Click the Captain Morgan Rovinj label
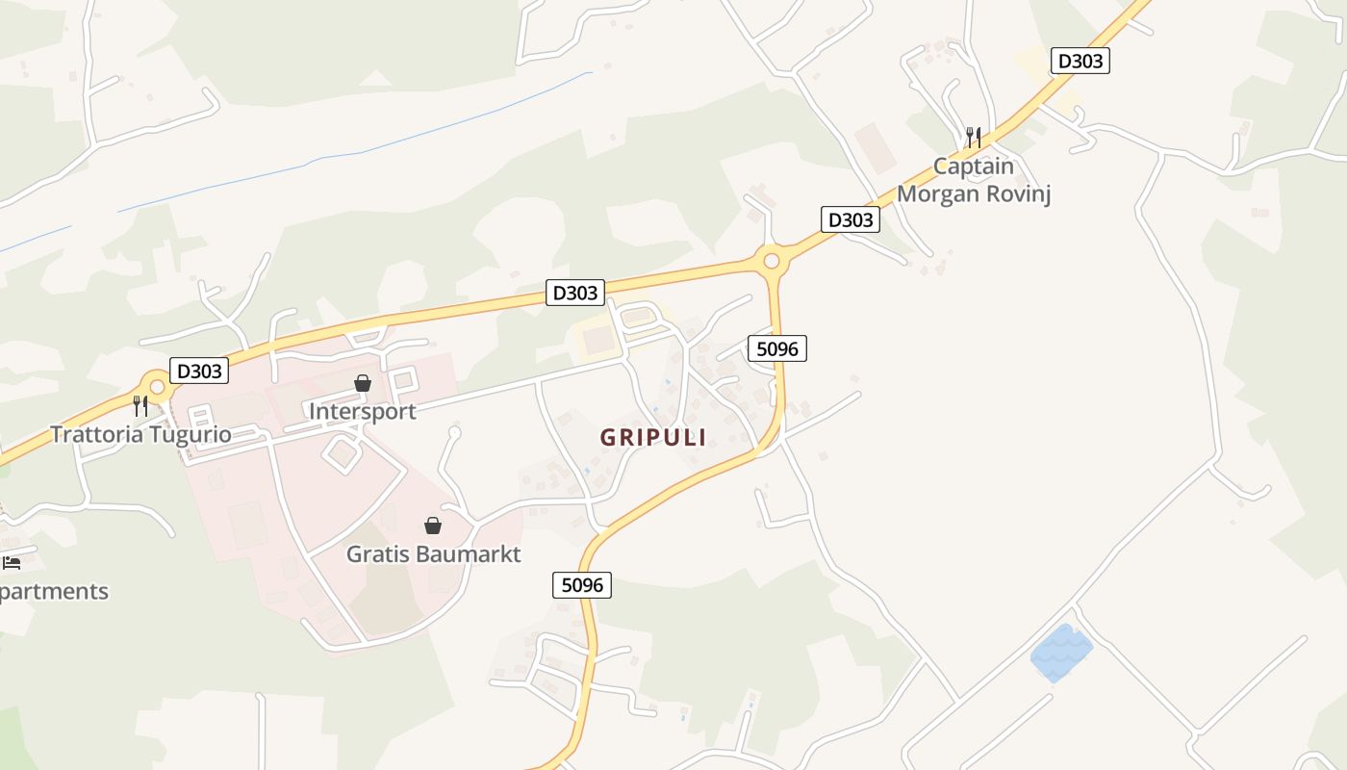(974, 180)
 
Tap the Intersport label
(362, 411)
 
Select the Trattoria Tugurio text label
(140, 434)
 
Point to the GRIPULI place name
(653, 437)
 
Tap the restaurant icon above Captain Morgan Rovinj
(974, 137)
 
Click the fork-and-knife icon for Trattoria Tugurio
(140, 406)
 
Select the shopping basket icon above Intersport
(363, 384)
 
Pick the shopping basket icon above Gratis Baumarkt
(433, 526)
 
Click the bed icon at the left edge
(12, 562)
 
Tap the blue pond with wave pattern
(1061, 653)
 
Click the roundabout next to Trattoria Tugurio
(157, 387)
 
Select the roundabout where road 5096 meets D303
(771, 260)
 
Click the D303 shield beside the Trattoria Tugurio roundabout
(199, 371)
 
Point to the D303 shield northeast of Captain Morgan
(1080, 61)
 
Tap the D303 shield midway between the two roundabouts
(575, 292)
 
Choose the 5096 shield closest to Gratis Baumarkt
(582, 584)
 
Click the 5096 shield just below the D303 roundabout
(777, 348)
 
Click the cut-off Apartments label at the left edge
(54, 591)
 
